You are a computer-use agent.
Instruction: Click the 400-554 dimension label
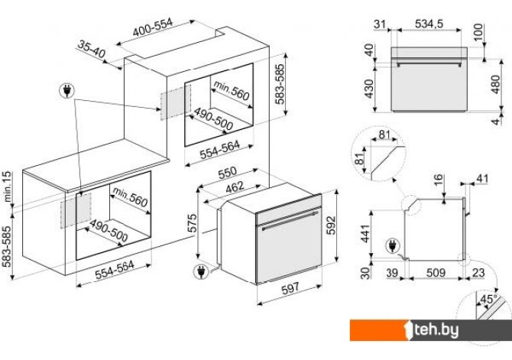point(153,28)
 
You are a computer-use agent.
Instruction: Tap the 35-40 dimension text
point(92,50)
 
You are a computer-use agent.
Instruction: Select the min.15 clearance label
point(7,186)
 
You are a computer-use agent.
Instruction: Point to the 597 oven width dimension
point(290,288)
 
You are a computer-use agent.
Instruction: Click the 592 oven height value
point(331,225)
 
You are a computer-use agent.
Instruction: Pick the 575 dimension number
point(193,223)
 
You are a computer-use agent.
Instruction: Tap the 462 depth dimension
point(235,186)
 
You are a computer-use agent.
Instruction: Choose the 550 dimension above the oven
point(227,174)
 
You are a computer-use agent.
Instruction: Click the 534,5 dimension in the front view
point(429,24)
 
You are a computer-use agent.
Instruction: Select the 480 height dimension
point(495,84)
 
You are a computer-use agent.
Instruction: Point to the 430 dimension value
point(369,89)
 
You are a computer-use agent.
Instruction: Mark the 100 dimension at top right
point(478,32)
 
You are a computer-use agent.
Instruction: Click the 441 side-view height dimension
point(365,234)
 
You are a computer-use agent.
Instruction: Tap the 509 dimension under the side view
point(436,272)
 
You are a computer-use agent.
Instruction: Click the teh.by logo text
point(436,330)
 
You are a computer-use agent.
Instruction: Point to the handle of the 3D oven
point(290,220)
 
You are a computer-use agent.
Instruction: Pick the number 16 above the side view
point(439,180)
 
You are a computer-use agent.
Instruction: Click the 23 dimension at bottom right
point(478,272)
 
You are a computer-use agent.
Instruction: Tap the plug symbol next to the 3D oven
point(200,272)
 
